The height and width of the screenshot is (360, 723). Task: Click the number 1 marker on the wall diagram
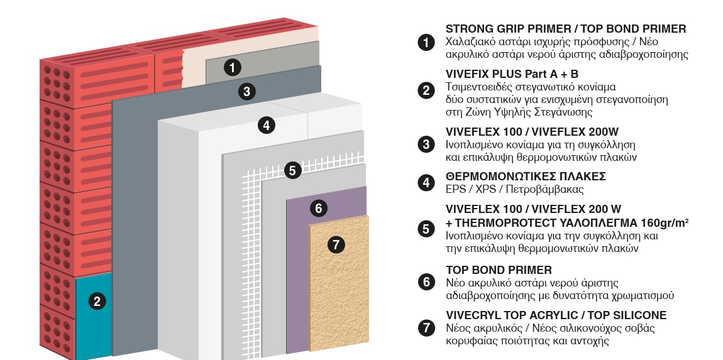233,67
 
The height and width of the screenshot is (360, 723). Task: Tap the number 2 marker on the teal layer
97,302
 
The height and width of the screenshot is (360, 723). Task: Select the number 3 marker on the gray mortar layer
246,91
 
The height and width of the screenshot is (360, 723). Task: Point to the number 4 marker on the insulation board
267,125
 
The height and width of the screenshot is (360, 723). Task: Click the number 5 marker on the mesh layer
292,170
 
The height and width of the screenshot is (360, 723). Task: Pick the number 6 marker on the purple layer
318,209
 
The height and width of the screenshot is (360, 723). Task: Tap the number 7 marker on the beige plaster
336,244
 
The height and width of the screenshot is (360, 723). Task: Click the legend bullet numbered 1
426,42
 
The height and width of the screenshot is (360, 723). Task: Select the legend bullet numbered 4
426,183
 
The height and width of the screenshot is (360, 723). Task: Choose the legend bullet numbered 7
426,328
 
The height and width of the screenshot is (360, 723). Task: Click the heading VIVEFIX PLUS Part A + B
512,74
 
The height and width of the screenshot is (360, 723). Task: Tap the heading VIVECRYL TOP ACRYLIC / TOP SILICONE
556,315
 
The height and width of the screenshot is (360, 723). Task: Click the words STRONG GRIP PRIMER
507,28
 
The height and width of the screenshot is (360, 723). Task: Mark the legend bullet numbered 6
426,281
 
